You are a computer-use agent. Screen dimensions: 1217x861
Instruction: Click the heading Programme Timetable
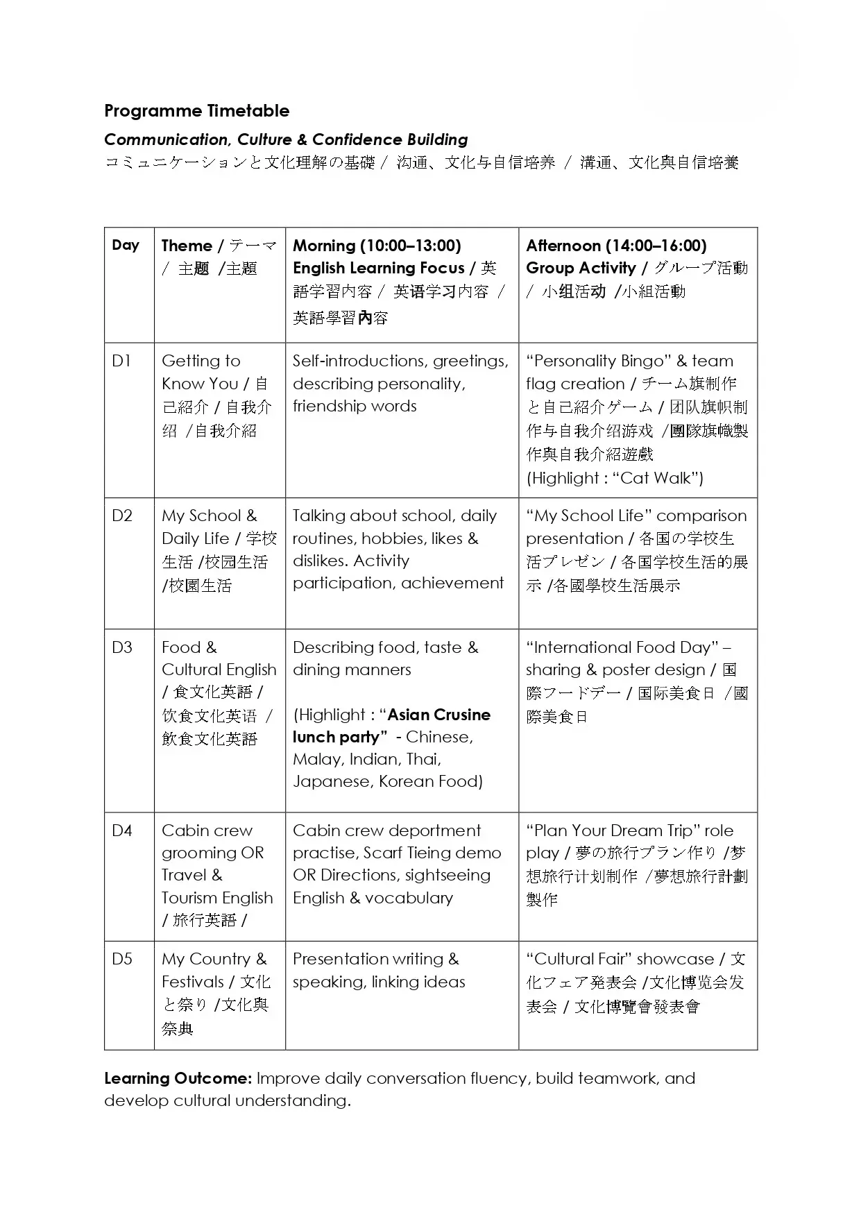point(196,111)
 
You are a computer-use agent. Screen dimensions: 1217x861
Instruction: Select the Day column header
point(126,245)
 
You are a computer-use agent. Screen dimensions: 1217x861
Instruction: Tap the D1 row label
point(121,361)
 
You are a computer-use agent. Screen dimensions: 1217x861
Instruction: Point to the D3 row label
point(122,647)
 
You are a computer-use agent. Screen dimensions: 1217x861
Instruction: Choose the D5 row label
point(122,959)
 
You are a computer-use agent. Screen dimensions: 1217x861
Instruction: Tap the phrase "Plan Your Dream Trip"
point(613,831)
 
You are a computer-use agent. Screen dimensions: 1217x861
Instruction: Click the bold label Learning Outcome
point(177,1078)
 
